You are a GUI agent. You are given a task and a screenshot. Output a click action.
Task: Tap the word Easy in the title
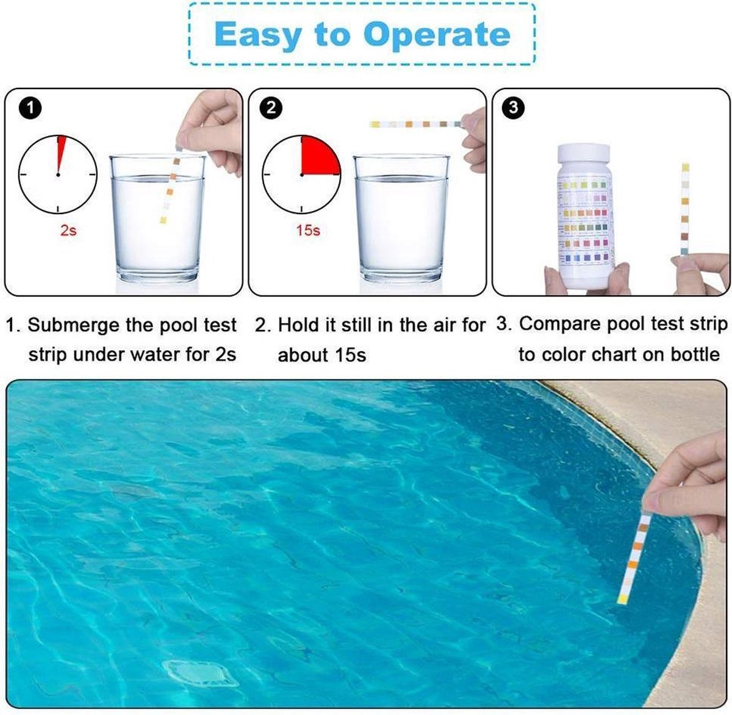[x=258, y=35]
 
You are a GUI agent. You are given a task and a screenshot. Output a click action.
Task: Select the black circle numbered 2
[x=271, y=109]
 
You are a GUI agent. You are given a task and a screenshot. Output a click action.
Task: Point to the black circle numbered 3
[x=513, y=109]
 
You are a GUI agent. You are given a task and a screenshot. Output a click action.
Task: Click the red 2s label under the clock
[x=68, y=230]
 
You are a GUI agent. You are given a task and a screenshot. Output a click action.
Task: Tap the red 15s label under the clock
[x=308, y=230]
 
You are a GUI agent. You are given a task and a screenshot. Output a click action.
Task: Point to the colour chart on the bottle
[x=585, y=221]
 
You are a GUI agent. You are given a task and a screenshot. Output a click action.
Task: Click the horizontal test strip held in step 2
[x=415, y=124]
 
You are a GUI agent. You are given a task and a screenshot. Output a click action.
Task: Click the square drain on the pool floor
[x=201, y=674]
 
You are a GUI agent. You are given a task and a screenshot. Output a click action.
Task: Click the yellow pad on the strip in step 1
[x=163, y=220]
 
